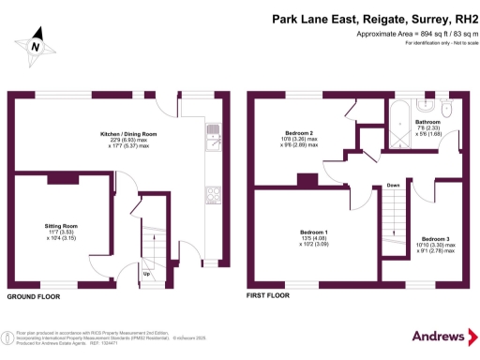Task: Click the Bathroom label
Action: pos(428,122)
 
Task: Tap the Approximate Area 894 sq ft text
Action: pos(413,35)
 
